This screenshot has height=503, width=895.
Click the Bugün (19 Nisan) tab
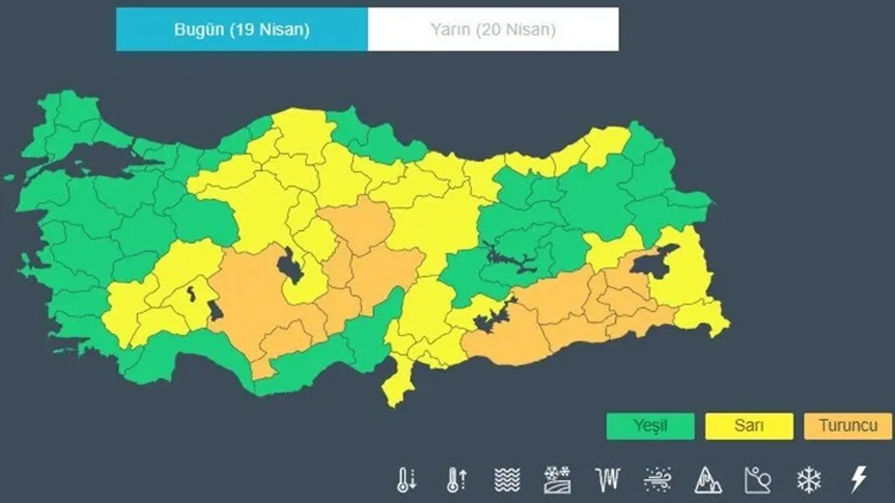point(242,29)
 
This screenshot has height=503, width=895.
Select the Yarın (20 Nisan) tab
point(493,29)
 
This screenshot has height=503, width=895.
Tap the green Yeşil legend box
point(650,426)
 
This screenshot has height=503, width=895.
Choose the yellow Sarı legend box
point(749,426)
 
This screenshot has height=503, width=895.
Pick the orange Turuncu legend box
point(847,426)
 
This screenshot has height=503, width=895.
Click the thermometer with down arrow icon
point(406,480)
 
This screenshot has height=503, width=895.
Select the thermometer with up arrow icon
point(457,480)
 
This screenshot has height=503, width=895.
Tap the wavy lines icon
point(507,480)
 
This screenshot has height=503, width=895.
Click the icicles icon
point(607,480)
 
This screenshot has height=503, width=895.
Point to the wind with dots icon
point(658,480)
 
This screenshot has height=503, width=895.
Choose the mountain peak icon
point(708,480)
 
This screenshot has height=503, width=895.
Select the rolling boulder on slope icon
point(758,480)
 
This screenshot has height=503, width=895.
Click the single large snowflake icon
point(808,480)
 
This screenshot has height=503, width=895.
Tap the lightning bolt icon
point(858,480)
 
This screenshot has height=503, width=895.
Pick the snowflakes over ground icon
point(557,480)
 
